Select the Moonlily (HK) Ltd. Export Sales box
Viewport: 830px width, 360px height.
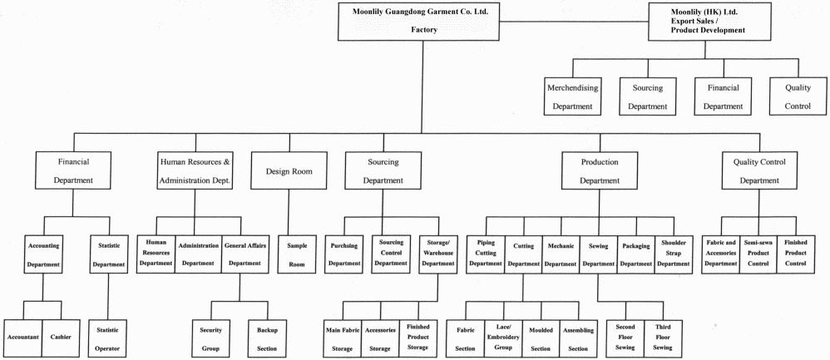tap(707, 21)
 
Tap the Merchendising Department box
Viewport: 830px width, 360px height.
tap(573, 96)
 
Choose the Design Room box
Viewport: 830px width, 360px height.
tap(289, 171)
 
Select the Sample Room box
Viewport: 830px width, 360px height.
tap(297, 254)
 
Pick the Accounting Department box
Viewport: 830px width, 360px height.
tap(43, 254)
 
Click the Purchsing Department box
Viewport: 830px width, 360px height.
tap(344, 254)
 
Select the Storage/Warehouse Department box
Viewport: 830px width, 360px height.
tap(437, 254)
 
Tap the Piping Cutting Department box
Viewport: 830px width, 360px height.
tap(485, 254)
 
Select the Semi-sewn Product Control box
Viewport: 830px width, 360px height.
tap(757, 254)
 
